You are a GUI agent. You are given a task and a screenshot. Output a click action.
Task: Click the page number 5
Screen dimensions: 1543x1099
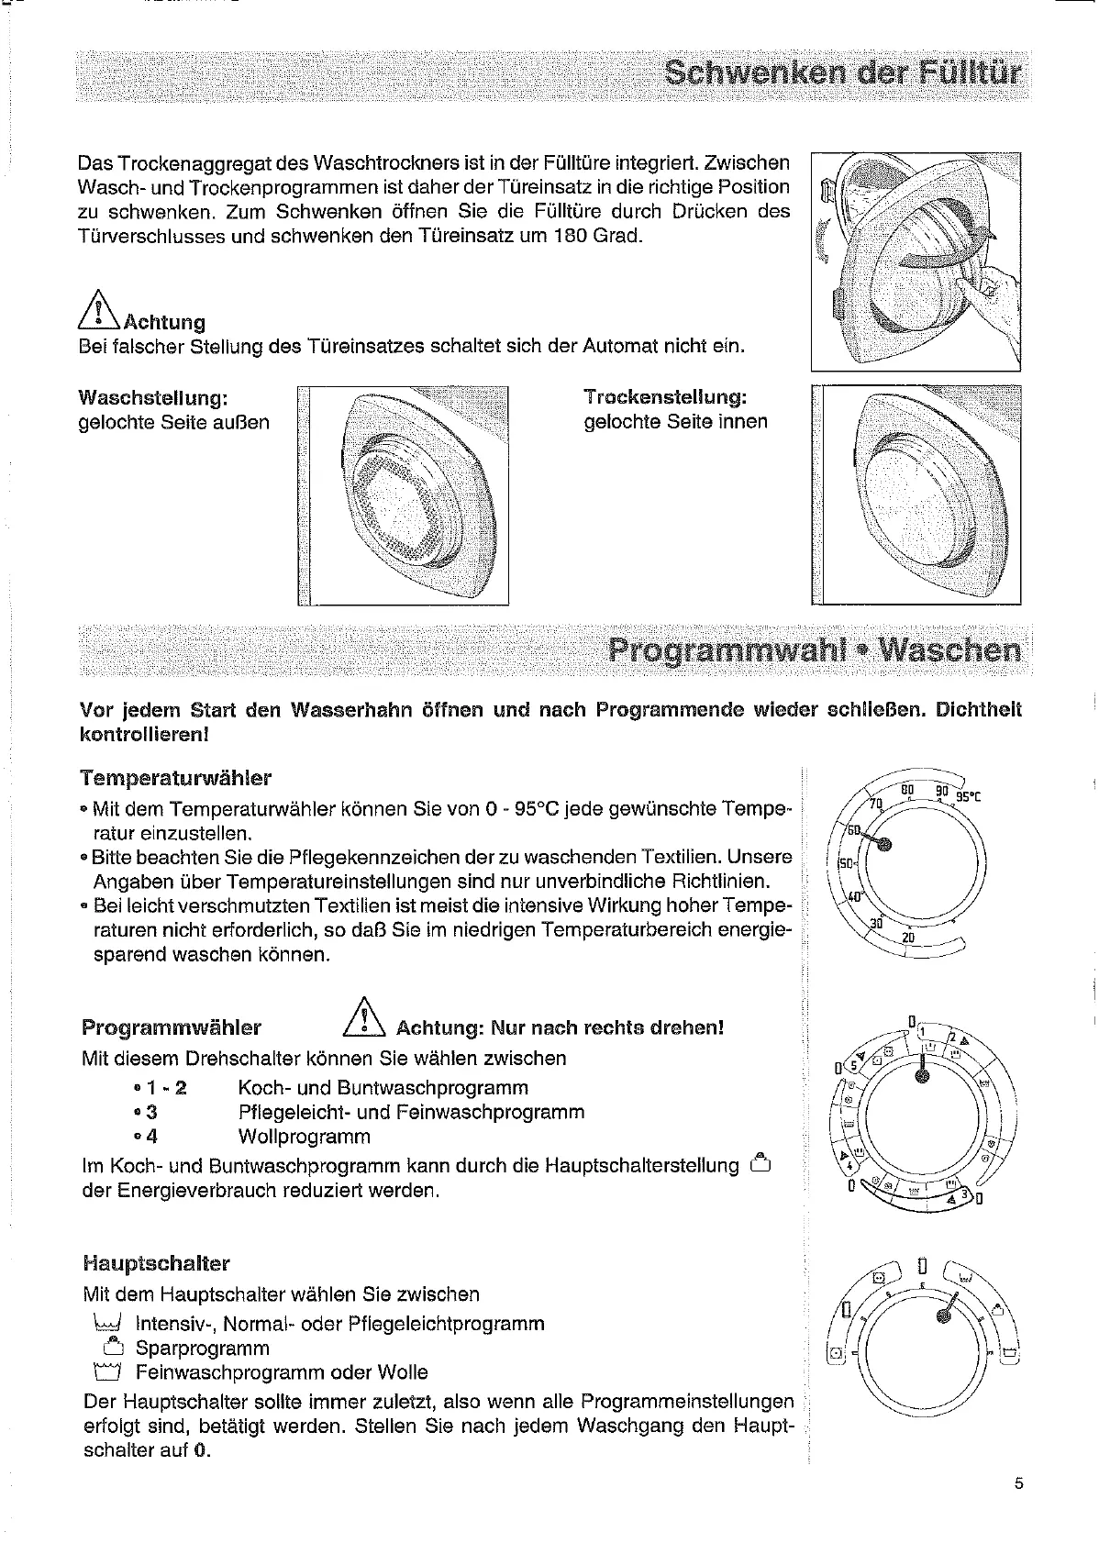1018,1508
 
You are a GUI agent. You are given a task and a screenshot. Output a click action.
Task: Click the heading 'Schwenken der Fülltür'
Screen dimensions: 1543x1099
841,72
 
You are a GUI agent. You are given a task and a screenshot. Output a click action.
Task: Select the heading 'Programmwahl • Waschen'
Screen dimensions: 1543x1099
814,649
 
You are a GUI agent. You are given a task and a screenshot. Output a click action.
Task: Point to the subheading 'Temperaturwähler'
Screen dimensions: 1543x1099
175,778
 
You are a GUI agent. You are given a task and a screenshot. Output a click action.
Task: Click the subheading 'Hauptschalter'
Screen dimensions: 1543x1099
155,1263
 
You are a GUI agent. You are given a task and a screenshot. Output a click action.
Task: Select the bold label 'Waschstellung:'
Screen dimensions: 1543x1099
152,398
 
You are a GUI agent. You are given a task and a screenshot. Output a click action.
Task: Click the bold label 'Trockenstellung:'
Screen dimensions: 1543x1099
665,397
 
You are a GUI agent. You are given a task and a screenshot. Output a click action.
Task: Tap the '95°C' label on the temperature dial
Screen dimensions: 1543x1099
969,795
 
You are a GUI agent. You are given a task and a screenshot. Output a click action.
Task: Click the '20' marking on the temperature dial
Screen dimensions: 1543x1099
909,937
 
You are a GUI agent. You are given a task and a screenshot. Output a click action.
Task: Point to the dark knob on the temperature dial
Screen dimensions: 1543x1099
884,846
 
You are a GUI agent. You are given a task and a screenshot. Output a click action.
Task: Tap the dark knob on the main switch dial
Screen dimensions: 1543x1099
941,1316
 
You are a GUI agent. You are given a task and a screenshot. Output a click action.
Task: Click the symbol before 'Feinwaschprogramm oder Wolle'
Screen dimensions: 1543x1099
107,1372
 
